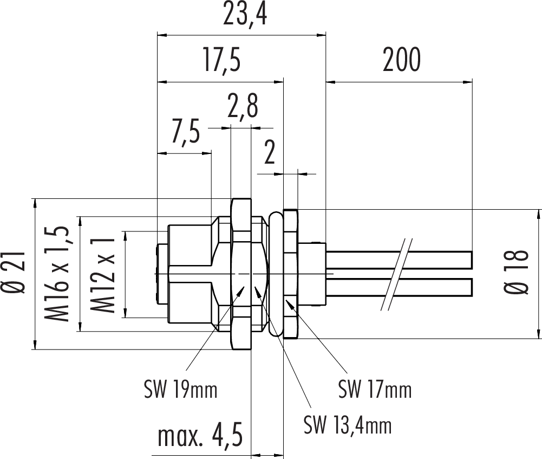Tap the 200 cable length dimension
pos(401,60)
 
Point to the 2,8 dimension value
pos(242,108)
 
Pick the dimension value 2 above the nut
pos(270,154)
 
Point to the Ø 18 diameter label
pos(518,273)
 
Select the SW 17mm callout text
pos(375,389)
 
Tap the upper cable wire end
pos(470,259)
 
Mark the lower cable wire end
pos(470,286)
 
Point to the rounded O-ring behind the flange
pos(275,274)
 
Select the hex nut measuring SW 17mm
pos(291,274)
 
